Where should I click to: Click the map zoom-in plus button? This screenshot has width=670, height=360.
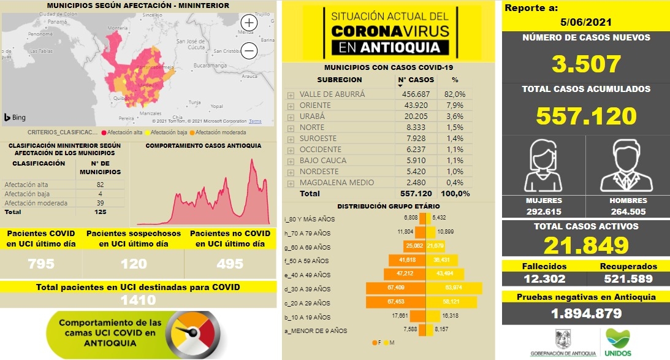249,22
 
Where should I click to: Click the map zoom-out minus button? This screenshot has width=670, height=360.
249,51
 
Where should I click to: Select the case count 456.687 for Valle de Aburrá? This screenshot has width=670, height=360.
416,94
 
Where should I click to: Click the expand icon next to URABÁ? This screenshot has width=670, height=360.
291,117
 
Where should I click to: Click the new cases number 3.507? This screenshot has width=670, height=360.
585,64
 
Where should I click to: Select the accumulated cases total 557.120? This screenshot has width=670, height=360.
585,115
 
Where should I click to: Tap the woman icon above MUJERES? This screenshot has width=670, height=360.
544,166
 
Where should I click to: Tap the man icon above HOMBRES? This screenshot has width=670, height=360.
626,166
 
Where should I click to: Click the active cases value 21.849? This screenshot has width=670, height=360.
585,245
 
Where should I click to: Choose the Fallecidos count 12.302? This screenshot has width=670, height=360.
543,279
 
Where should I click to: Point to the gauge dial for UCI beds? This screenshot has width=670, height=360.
192,332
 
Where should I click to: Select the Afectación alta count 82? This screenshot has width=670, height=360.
99,185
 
